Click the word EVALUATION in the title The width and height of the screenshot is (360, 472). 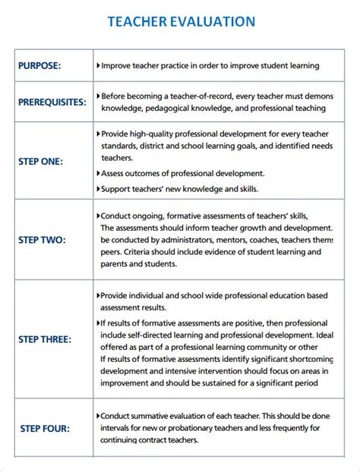[211, 22]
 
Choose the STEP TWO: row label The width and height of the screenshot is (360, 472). [42, 240]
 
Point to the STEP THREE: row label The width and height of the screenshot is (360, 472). [46, 338]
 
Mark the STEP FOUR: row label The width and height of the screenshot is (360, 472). [44, 429]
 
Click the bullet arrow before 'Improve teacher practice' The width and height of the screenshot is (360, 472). [99, 65]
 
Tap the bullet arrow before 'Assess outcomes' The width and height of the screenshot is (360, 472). [99, 173]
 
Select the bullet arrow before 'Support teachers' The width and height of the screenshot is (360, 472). [99, 187]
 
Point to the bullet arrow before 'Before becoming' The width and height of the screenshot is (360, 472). [99, 96]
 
